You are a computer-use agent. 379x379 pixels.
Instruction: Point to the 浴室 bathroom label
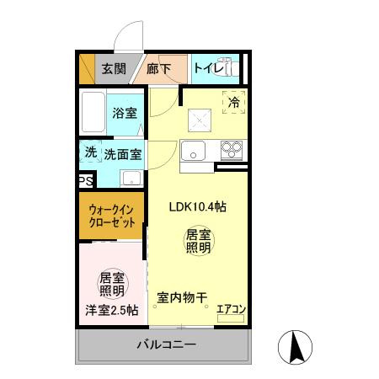(127, 112)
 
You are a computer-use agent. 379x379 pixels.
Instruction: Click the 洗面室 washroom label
(123, 154)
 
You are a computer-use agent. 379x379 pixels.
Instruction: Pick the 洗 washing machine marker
(90, 153)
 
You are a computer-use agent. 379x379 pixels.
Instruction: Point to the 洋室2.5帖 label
(111, 310)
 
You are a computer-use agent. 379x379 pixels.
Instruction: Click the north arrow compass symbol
(296, 347)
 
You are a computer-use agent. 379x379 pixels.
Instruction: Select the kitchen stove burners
(231, 151)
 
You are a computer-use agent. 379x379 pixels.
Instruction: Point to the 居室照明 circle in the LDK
(198, 242)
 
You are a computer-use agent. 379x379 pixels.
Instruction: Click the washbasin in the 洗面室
(131, 178)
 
